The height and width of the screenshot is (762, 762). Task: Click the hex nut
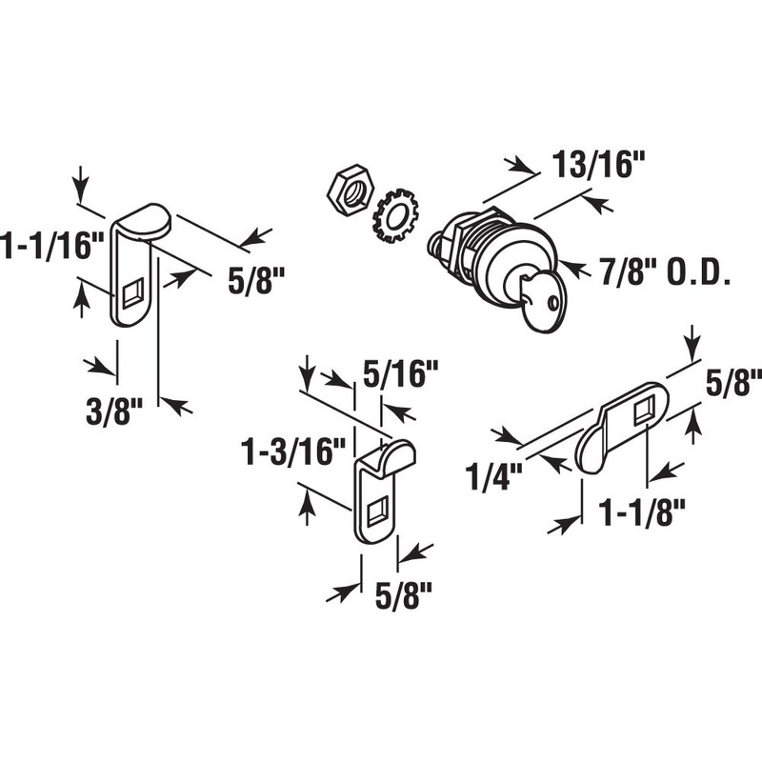tap(345, 191)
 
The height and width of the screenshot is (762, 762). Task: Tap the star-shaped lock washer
tap(392, 216)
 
